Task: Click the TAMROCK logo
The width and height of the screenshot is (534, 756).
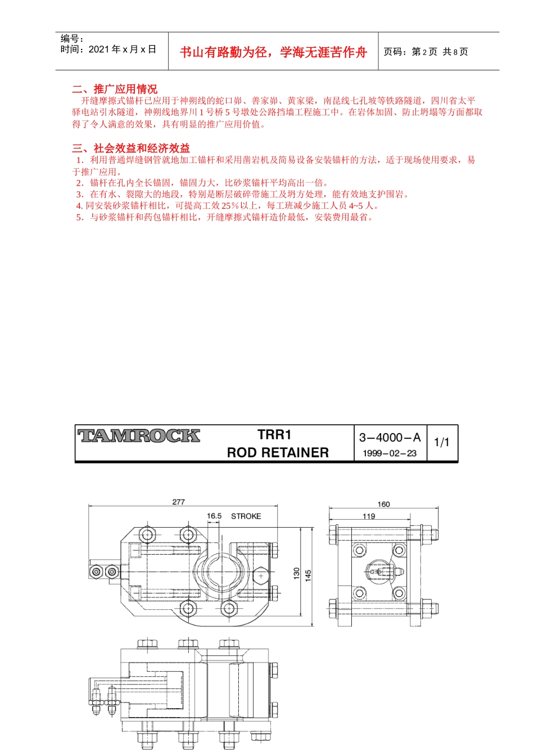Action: [139, 436]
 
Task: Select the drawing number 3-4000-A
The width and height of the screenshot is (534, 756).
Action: [390, 438]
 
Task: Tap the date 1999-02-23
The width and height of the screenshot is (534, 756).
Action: [390, 453]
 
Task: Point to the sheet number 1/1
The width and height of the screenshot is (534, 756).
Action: [442, 443]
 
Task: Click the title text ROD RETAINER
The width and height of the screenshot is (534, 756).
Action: [278, 453]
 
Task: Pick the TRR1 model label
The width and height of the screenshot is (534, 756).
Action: [274, 435]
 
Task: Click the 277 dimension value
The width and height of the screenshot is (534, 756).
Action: [179, 502]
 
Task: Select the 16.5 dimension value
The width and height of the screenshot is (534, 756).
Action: [214, 516]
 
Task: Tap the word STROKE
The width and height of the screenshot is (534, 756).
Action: [246, 516]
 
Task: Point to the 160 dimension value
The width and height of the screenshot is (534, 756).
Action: [384, 504]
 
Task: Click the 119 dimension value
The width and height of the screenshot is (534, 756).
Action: [369, 516]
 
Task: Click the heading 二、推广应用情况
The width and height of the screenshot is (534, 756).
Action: [115, 89]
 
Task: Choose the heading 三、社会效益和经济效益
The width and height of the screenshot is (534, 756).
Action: [131, 148]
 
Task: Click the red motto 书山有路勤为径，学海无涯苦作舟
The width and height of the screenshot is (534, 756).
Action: [273, 52]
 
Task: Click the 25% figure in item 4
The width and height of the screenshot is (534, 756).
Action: [230, 206]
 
